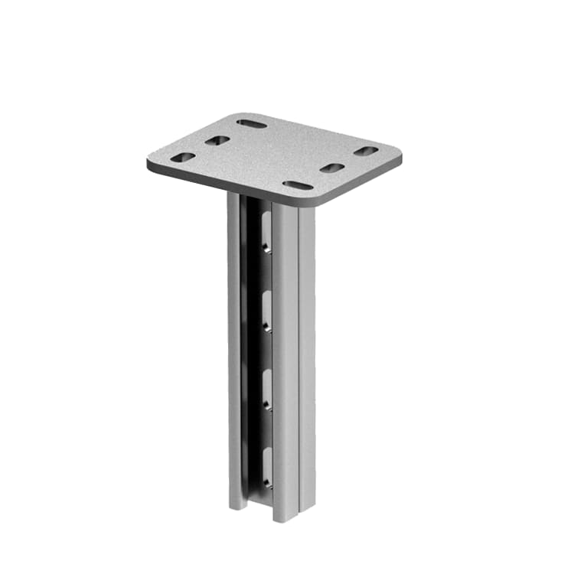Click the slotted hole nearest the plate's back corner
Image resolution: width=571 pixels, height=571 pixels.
click(x=251, y=123)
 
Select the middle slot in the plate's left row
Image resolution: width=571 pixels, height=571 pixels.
click(x=217, y=141)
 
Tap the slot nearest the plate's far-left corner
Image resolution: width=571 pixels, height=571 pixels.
click(x=182, y=158)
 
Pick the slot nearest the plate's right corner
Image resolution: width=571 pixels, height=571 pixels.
click(x=366, y=152)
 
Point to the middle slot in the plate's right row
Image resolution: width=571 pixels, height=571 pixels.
click(x=332, y=168)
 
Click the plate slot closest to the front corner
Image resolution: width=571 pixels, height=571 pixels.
click(x=297, y=185)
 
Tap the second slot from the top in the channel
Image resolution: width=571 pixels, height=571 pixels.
click(x=265, y=310)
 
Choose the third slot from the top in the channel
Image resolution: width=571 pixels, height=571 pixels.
click(x=265, y=388)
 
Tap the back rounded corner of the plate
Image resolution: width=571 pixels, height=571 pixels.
click(x=243, y=115)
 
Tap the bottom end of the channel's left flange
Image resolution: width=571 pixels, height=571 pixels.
click(x=235, y=505)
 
